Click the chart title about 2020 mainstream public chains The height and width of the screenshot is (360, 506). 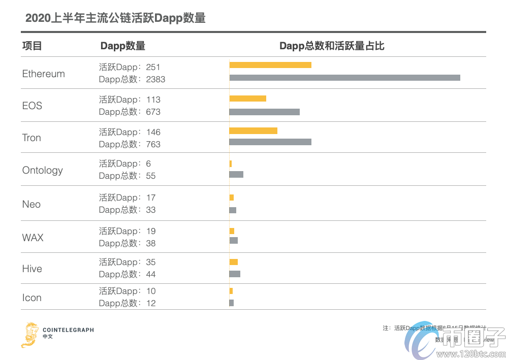click(x=115, y=18)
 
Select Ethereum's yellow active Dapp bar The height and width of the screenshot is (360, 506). click(x=270, y=65)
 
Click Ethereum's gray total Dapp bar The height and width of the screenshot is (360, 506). click(x=344, y=78)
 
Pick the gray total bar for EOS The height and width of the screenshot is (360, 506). click(x=264, y=112)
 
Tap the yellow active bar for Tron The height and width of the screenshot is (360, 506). click(x=253, y=131)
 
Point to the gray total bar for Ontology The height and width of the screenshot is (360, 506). click(x=236, y=175)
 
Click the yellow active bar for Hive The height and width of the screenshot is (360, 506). click(x=234, y=262)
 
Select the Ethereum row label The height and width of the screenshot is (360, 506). click(x=44, y=74)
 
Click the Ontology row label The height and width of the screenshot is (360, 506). click(x=43, y=170)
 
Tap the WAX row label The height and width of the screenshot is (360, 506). click(x=33, y=238)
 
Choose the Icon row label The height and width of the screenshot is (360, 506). click(x=32, y=298)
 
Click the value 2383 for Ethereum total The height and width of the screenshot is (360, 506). click(x=155, y=79)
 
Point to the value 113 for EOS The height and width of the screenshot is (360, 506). click(x=153, y=100)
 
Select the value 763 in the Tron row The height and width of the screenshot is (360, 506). click(x=153, y=144)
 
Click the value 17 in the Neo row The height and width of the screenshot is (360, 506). click(x=150, y=198)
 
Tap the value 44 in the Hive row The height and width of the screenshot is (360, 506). click(x=150, y=274)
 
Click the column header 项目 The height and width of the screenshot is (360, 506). click(x=32, y=46)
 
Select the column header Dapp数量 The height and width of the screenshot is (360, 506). click(x=123, y=46)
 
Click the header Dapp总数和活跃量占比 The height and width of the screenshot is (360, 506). click(x=332, y=46)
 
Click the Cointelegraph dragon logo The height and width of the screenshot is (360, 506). click(x=29, y=334)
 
